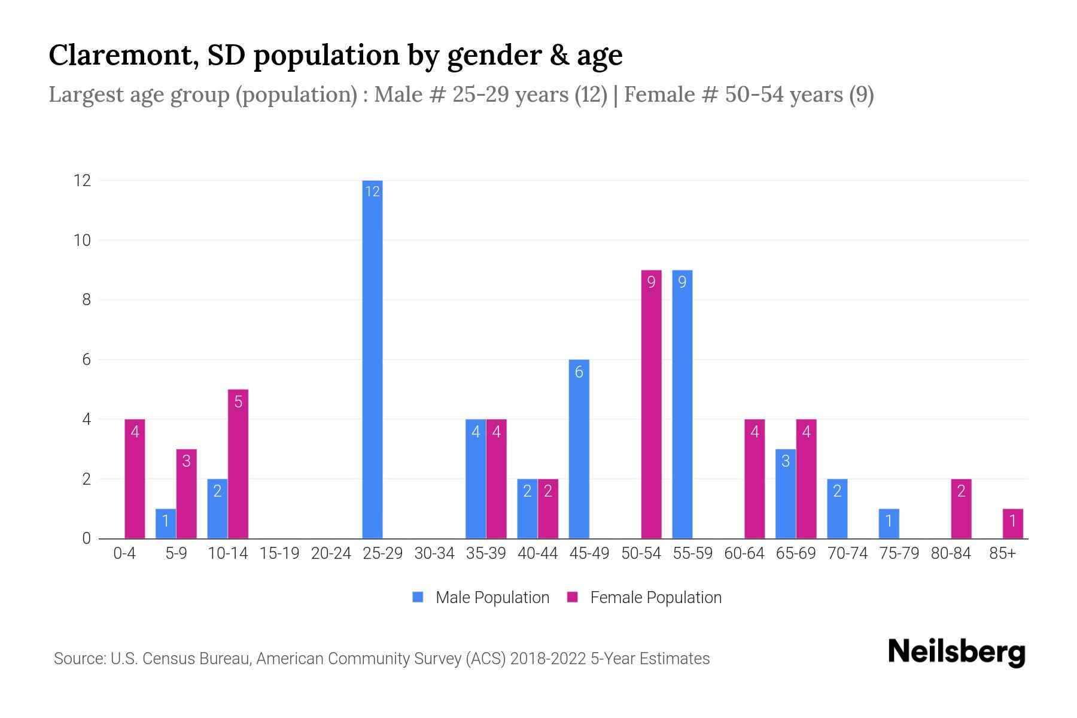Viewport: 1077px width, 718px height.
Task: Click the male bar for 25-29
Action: click(372, 359)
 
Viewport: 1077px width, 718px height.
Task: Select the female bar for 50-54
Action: click(651, 404)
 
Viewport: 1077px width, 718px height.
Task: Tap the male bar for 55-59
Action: click(682, 404)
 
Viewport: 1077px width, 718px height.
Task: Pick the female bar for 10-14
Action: click(238, 464)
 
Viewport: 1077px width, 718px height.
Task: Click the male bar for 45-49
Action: click(579, 449)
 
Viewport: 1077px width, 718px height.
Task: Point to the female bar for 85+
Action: click(1012, 524)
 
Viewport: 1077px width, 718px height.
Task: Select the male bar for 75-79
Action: click(889, 524)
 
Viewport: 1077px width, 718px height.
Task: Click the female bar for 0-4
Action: click(135, 479)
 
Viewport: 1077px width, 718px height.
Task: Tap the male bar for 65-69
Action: click(785, 494)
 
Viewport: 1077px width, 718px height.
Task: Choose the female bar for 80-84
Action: click(961, 509)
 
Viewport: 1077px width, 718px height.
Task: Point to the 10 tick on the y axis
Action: click(82, 240)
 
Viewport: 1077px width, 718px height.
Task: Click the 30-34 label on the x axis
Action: click(434, 553)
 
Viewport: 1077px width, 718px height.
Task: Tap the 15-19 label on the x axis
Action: click(279, 553)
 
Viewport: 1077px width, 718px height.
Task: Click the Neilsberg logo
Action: click(956, 652)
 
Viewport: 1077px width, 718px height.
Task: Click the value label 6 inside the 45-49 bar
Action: click(579, 372)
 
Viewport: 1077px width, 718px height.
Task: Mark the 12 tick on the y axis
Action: click(82, 180)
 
